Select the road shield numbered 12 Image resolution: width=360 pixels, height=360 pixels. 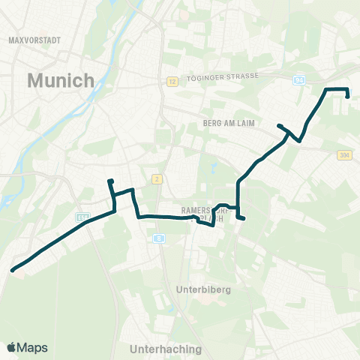171,81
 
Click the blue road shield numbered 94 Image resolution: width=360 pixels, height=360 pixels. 299,79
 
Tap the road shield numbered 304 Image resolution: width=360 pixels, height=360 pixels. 344,155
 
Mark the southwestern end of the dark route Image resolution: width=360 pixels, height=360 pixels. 13,270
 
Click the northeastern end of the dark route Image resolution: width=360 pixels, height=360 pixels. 347,96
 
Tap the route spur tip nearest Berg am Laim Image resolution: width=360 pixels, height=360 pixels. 279,125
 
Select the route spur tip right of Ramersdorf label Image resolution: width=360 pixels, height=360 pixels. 244,218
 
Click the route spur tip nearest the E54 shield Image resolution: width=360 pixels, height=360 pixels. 109,181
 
